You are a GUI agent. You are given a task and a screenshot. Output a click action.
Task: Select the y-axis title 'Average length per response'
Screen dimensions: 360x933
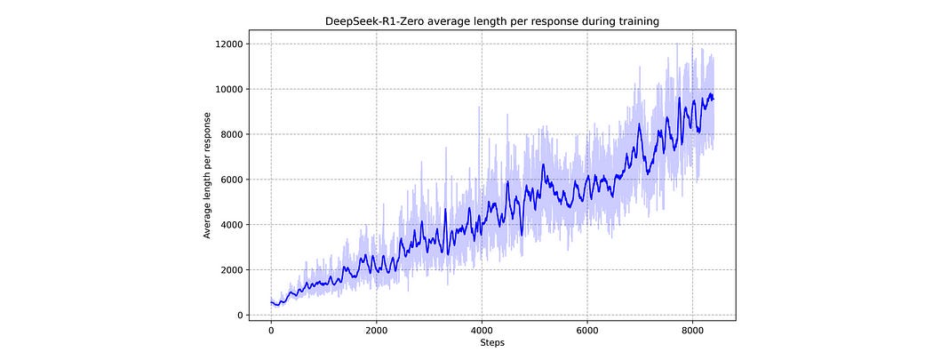click(x=207, y=175)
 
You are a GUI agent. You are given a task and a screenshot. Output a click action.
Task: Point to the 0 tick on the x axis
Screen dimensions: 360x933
click(x=271, y=329)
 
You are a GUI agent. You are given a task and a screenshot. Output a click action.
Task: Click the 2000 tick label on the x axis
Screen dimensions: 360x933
click(x=376, y=329)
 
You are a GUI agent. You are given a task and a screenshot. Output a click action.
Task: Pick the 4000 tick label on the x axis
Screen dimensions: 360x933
click(x=482, y=329)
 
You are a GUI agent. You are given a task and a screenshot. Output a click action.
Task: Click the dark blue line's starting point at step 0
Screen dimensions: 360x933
click(x=271, y=302)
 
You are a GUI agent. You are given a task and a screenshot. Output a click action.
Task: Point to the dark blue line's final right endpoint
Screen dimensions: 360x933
click(x=714, y=99)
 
